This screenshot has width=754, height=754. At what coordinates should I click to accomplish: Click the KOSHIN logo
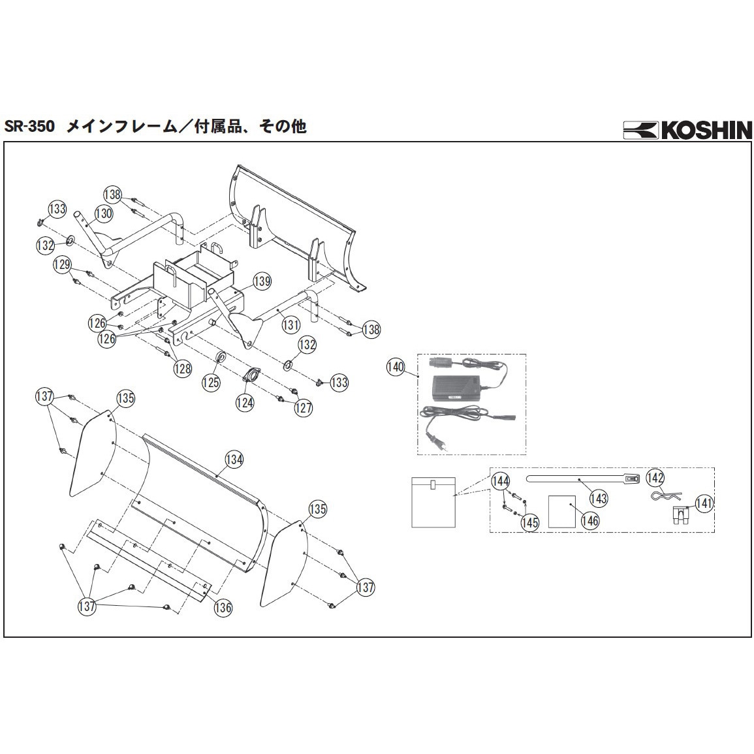(687, 130)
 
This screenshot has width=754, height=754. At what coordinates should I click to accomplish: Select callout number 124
(245, 403)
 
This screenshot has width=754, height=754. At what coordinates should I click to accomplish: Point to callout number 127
(303, 407)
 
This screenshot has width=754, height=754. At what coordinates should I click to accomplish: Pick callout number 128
(183, 368)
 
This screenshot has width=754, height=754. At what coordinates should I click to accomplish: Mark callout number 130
(104, 213)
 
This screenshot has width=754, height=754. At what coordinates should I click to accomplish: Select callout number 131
(291, 324)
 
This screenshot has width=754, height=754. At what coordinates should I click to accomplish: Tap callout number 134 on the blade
(234, 459)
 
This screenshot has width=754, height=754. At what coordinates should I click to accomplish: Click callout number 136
(223, 607)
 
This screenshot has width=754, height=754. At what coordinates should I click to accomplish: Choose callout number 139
(262, 281)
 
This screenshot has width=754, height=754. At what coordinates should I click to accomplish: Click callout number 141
(704, 503)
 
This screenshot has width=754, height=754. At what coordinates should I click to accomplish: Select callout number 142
(655, 477)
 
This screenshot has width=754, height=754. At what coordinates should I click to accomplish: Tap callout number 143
(598, 498)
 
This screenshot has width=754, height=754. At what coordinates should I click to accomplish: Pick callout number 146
(589, 520)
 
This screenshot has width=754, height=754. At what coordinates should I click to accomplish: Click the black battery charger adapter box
(457, 390)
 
